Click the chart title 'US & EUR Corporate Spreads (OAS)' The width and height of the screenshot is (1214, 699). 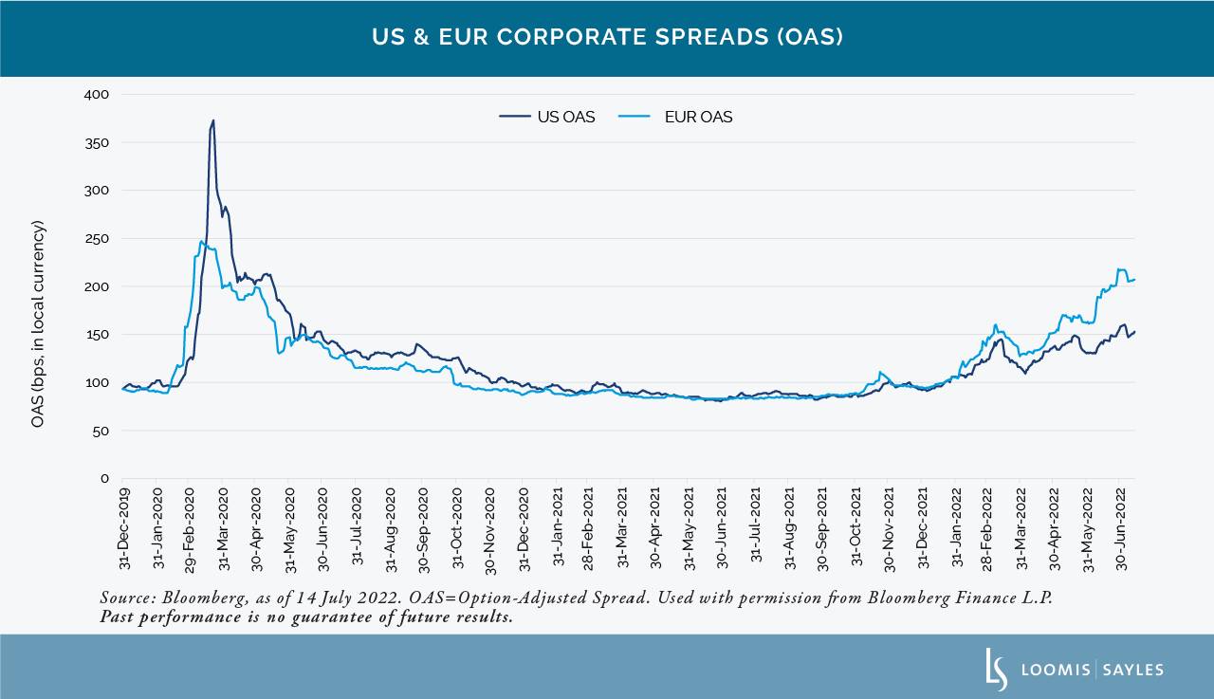(x=606, y=38)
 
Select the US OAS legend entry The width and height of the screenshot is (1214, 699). (x=547, y=117)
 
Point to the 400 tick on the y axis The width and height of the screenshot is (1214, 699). (x=98, y=95)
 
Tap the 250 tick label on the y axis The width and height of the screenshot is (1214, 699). (x=98, y=238)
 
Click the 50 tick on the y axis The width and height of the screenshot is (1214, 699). (x=101, y=431)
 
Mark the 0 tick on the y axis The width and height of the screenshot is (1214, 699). (x=105, y=479)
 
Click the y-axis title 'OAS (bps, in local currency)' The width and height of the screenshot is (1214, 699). (x=38, y=323)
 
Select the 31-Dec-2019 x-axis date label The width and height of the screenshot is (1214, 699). (x=124, y=529)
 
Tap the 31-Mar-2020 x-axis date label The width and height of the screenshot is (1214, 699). (x=224, y=529)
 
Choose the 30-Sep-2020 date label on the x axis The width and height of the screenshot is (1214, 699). (x=423, y=529)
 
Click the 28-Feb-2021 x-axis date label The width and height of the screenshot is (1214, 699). (x=589, y=529)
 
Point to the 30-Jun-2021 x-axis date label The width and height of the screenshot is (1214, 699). (x=722, y=529)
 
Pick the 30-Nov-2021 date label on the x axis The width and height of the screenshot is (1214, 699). (x=889, y=529)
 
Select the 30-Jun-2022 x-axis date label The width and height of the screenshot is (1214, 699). (x=1121, y=529)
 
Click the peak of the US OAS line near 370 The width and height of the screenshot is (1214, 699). (x=213, y=120)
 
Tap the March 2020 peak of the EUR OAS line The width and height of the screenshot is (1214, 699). (x=201, y=241)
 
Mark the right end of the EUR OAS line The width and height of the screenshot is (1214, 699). (x=1134, y=279)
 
